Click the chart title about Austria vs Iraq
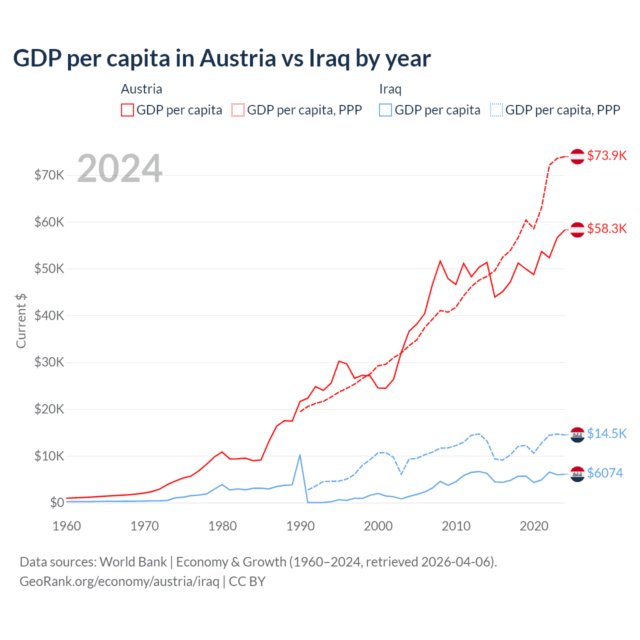pos(221,58)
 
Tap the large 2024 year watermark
pos(120,168)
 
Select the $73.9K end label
pos(606,155)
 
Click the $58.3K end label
pos(606,228)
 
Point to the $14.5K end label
pos(606,433)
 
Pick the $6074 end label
pos(605,473)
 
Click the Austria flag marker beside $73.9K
pos(577,156)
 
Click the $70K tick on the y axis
pos(49,175)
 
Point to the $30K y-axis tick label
pos(49,362)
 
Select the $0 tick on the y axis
pos(57,502)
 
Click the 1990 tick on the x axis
pos(300,526)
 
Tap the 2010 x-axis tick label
pos(456,526)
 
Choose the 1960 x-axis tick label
pos(67,526)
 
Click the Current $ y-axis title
pos(21,321)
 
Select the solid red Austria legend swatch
pos(127,110)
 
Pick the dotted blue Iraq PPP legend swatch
pos(496,110)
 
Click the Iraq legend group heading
pos(390,89)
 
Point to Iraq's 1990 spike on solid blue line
pos(299,455)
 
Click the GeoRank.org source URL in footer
pos(119,581)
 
